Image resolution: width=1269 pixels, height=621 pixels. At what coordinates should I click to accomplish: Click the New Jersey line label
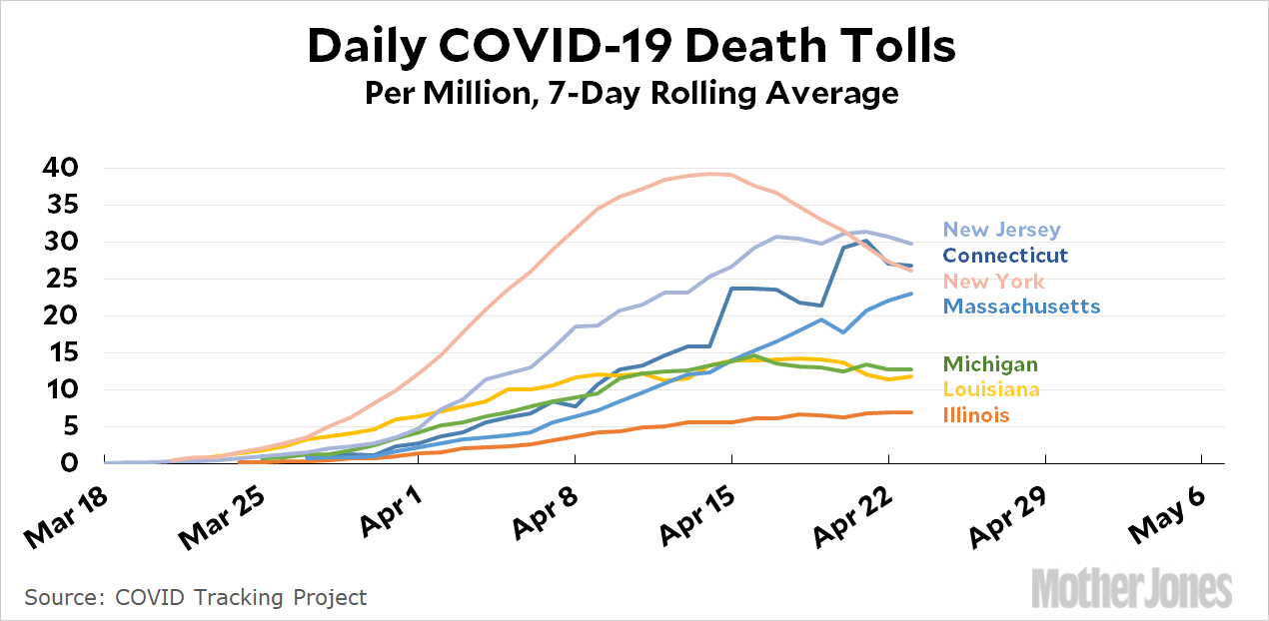pos(1002,231)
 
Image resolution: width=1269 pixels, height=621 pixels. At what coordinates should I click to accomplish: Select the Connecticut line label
pos(1005,256)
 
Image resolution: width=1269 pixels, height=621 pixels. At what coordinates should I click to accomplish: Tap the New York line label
pos(994,282)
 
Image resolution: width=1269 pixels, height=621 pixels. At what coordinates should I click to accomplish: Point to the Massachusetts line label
pos(1021,307)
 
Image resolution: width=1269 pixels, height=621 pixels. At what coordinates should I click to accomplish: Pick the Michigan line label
pos(990,364)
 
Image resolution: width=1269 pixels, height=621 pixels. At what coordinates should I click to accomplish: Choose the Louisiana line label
pos(991,389)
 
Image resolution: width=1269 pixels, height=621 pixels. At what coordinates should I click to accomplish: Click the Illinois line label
pos(976,415)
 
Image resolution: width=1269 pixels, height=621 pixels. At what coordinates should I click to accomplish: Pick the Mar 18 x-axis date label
pos(65,513)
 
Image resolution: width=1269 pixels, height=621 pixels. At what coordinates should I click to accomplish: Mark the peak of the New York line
pos(710,174)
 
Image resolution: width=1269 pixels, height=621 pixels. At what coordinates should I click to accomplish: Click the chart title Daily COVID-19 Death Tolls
pos(632,47)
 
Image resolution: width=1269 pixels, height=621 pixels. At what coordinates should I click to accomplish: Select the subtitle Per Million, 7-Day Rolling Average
pos(632,94)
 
